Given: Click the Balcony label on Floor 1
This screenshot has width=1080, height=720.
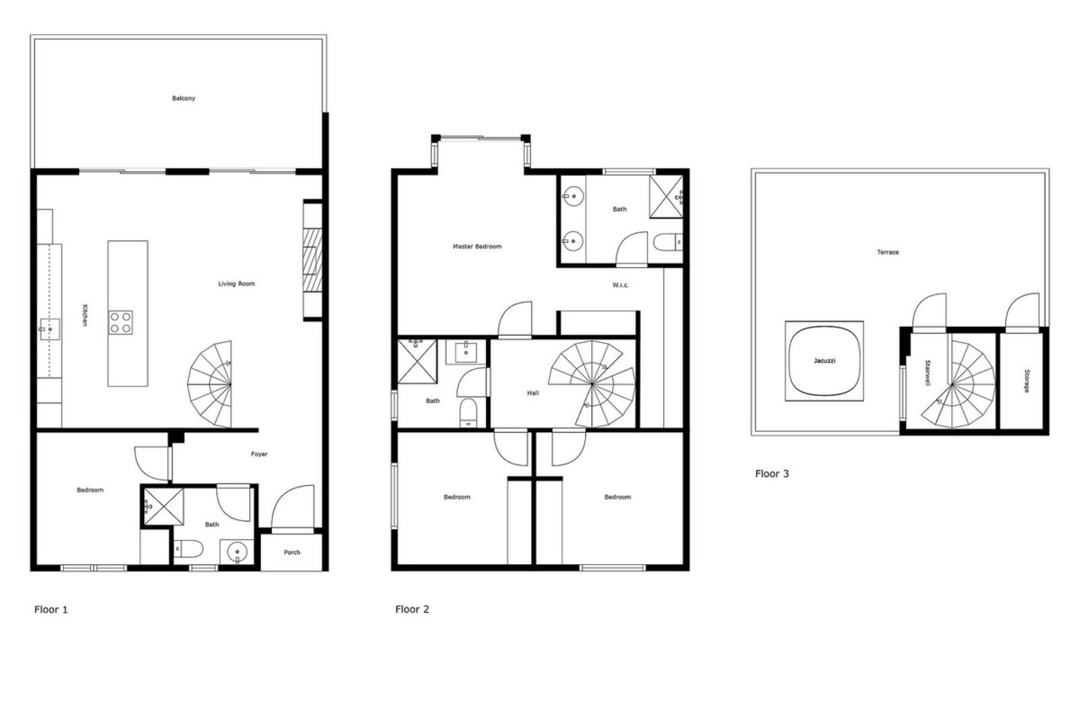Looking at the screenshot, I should pos(183,98).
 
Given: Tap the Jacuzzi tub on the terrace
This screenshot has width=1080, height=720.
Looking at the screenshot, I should pos(824,361).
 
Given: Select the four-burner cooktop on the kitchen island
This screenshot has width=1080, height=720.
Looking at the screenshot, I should pos(121,322).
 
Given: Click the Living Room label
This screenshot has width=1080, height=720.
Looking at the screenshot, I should pos(236,284).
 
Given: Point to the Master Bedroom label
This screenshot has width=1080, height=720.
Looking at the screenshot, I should pos(477,246).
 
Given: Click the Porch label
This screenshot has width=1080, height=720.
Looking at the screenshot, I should pos(292,552).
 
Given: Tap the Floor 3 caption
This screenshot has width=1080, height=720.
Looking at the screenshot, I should pos(772,474).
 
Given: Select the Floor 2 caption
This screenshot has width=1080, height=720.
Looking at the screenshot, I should pos(412,609).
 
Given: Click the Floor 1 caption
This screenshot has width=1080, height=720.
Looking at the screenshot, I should pos(51,609).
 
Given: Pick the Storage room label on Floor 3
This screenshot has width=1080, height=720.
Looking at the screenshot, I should pos(1026,381).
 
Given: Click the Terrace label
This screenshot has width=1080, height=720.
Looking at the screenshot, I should pos(888,253).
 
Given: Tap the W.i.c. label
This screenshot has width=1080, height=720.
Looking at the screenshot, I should pos(620,286).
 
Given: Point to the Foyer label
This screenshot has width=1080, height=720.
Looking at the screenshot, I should pos(259,454).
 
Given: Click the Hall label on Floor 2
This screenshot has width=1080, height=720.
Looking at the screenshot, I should pos(533,393).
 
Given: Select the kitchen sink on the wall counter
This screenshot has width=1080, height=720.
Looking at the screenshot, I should pos(49,329).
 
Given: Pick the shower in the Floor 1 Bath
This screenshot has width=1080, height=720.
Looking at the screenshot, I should pos(164,506).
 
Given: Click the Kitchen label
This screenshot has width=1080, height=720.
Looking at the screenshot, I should pos(84,315).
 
